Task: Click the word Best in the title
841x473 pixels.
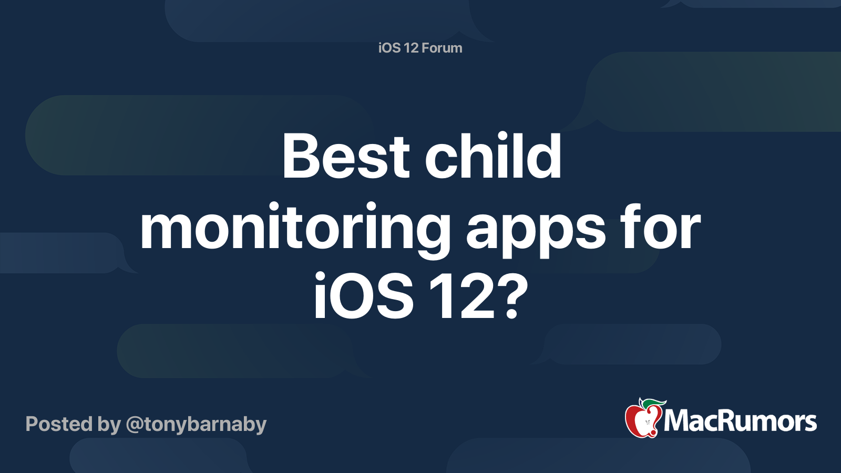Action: pos(345,157)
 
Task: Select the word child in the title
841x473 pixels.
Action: pos(493,157)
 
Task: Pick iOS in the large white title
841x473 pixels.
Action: pos(363,297)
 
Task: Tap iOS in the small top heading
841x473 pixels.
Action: pos(389,48)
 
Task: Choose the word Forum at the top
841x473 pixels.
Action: pos(442,48)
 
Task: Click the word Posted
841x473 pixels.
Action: pos(59,424)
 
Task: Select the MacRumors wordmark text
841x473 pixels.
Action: pos(740,421)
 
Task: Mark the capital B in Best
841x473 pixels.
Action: pos(301,157)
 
